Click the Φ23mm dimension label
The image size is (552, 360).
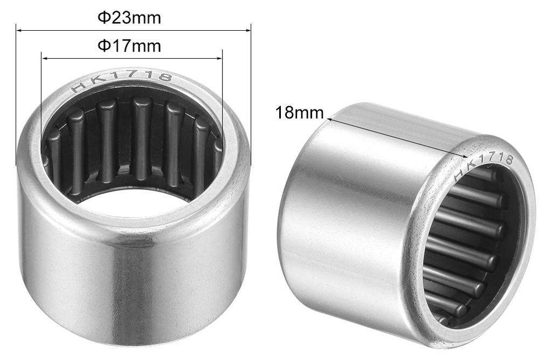129,17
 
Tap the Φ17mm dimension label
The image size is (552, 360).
129,46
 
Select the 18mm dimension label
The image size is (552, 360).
300,113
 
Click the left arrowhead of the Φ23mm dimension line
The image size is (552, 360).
19,31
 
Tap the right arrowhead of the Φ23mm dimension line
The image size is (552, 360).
247,31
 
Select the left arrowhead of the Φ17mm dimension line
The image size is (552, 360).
45,58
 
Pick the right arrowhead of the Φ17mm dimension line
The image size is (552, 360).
219,58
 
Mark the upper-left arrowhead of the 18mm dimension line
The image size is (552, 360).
331,120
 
